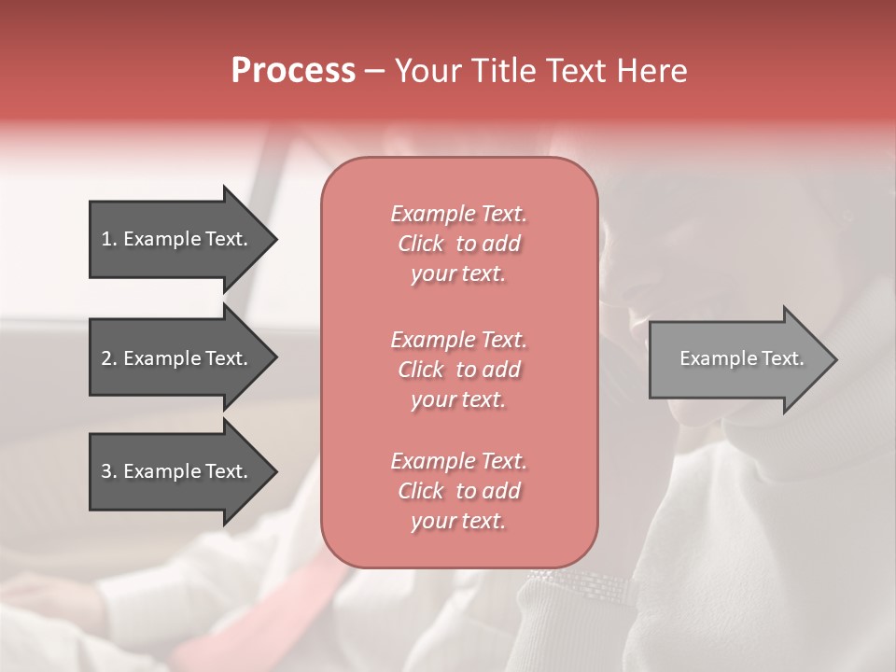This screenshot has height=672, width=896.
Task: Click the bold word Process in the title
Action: (x=293, y=71)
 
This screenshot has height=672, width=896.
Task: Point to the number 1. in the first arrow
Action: (x=109, y=239)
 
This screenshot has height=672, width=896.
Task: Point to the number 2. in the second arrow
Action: (x=109, y=358)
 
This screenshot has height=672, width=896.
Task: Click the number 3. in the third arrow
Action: (x=109, y=471)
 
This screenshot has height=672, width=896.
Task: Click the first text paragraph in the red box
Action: (x=458, y=244)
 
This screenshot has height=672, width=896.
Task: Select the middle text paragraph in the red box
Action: (x=458, y=370)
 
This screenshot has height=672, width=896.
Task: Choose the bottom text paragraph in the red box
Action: (x=458, y=491)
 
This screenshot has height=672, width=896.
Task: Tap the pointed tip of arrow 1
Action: (x=274, y=239)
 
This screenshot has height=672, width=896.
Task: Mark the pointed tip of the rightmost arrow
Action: (x=834, y=358)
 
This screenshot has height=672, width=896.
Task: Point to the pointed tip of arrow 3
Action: (x=274, y=471)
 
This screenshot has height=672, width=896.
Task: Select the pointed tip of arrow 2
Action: (x=274, y=358)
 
